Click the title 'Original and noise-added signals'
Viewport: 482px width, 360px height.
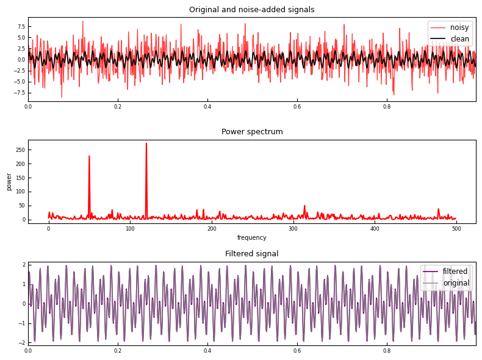(x=251, y=10)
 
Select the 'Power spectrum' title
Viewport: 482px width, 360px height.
(x=251, y=132)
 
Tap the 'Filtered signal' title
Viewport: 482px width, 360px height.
(x=251, y=254)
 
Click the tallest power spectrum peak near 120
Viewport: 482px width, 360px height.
(x=146, y=144)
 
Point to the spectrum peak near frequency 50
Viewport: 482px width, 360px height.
(x=89, y=156)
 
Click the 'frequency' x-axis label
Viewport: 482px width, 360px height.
(x=251, y=238)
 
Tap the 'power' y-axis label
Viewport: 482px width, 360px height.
(x=9, y=181)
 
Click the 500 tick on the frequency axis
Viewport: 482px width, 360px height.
(x=456, y=229)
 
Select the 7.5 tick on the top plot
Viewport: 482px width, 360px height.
(x=21, y=27)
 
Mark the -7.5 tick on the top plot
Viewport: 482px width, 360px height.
(x=20, y=93)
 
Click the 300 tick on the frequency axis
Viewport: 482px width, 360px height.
(x=293, y=229)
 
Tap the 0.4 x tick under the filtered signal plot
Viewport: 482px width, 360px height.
(x=207, y=351)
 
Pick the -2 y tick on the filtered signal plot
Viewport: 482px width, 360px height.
(x=23, y=342)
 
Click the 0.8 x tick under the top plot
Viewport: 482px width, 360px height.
(x=387, y=107)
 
